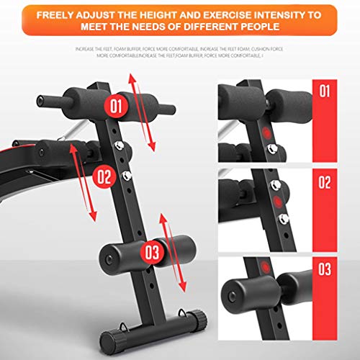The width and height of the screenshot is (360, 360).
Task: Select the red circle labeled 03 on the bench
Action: (152, 253)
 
